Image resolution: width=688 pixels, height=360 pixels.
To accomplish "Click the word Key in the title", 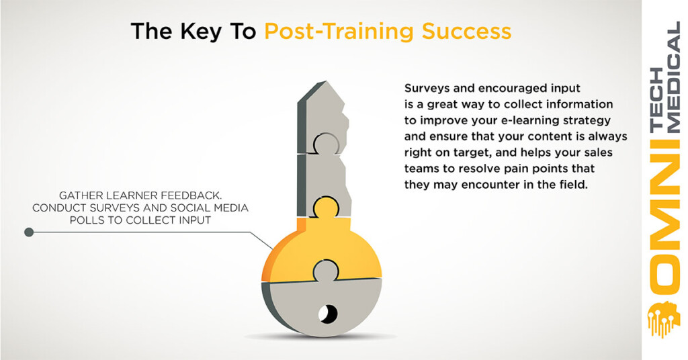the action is [200, 32].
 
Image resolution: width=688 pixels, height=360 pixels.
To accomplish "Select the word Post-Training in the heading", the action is [339, 32].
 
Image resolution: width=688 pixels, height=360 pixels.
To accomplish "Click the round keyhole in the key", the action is [328, 313].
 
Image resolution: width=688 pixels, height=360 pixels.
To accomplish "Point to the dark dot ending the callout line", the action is [29, 232].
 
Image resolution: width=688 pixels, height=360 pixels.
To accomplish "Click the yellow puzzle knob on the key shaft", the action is [326, 207].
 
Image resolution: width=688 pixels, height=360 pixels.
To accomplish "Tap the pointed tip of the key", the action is [325, 82].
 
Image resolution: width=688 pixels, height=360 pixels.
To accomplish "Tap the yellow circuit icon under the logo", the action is [664, 319].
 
